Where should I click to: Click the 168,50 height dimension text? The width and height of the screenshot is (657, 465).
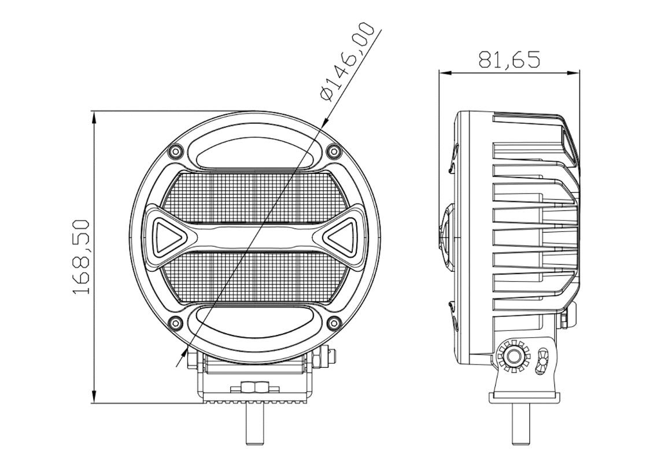point(82,256)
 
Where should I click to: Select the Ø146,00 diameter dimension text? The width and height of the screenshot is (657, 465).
point(346,61)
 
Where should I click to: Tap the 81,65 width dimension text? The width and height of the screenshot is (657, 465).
point(509,60)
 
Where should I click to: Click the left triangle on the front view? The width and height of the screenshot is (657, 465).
point(169,236)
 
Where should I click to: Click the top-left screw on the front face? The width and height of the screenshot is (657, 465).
point(175,150)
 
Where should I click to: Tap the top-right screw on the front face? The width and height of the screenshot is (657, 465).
point(334,150)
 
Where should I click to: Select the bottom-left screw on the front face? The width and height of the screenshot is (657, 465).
point(175,322)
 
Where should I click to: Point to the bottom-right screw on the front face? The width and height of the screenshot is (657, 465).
point(334,322)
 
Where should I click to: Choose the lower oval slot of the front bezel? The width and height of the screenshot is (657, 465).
point(254,324)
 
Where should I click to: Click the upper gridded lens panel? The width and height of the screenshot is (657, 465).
point(254,197)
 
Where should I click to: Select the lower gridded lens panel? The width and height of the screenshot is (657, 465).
point(254,276)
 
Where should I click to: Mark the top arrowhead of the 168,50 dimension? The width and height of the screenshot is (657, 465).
point(95,118)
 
